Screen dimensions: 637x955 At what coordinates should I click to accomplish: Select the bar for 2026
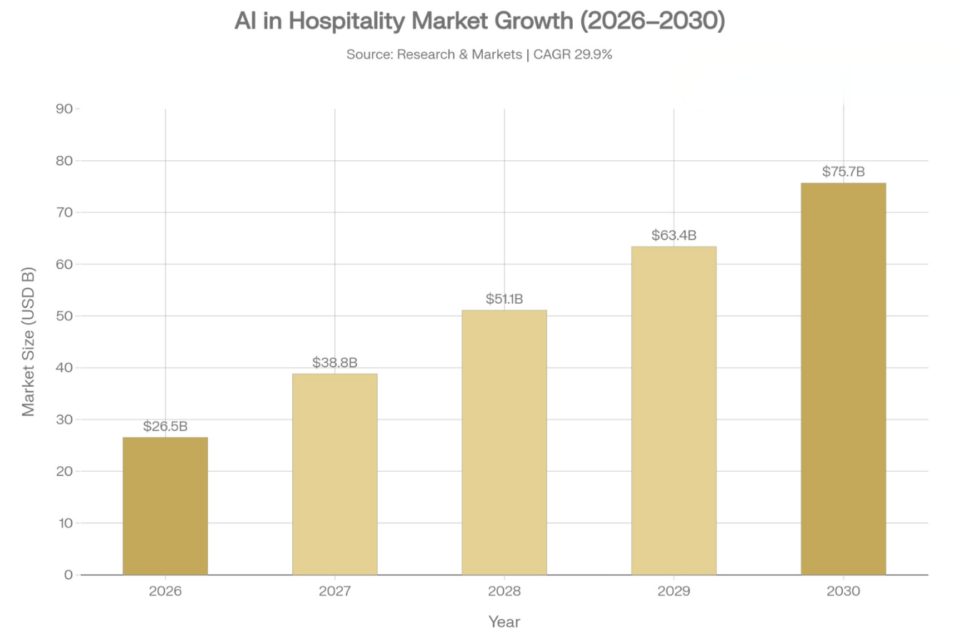pos(165,505)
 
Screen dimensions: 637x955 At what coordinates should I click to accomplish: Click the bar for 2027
pos(334,474)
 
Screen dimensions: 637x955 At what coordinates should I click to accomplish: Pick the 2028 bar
pos(504,442)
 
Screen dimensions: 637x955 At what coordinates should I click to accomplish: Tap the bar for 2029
pos(674,410)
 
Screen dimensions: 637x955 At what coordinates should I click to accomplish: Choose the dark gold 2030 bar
pos(843,379)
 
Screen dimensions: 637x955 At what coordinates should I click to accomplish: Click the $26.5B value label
pos(165,427)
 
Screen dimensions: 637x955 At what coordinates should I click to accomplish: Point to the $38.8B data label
pos(334,363)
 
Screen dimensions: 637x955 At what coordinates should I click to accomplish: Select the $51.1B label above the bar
pos(504,300)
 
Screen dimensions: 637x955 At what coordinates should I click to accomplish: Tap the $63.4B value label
pos(674,235)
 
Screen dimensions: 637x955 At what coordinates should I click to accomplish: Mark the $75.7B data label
pos(843,172)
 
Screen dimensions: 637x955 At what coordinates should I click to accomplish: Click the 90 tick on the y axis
pos(64,109)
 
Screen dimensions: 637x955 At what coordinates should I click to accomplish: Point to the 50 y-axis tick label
pos(64,316)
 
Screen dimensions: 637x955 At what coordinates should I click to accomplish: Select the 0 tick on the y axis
pos(68,575)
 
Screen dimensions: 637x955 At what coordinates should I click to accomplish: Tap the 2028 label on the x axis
pos(504,592)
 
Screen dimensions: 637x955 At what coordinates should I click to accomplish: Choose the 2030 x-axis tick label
pos(843,592)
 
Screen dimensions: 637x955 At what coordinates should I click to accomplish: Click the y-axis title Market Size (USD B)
pos(29,342)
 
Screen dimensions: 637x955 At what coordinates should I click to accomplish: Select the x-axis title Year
pos(504,622)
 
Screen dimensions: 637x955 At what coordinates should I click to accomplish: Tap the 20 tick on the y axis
pos(64,471)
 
